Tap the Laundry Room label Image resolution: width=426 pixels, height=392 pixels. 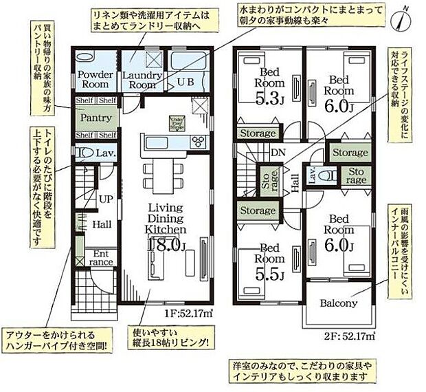pyautogui.click(x=142, y=80)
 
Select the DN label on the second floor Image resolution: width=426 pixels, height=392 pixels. pyautogui.click(x=277, y=152)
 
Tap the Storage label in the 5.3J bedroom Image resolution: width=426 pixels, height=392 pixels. pyautogui.click(x=258, y=133)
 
